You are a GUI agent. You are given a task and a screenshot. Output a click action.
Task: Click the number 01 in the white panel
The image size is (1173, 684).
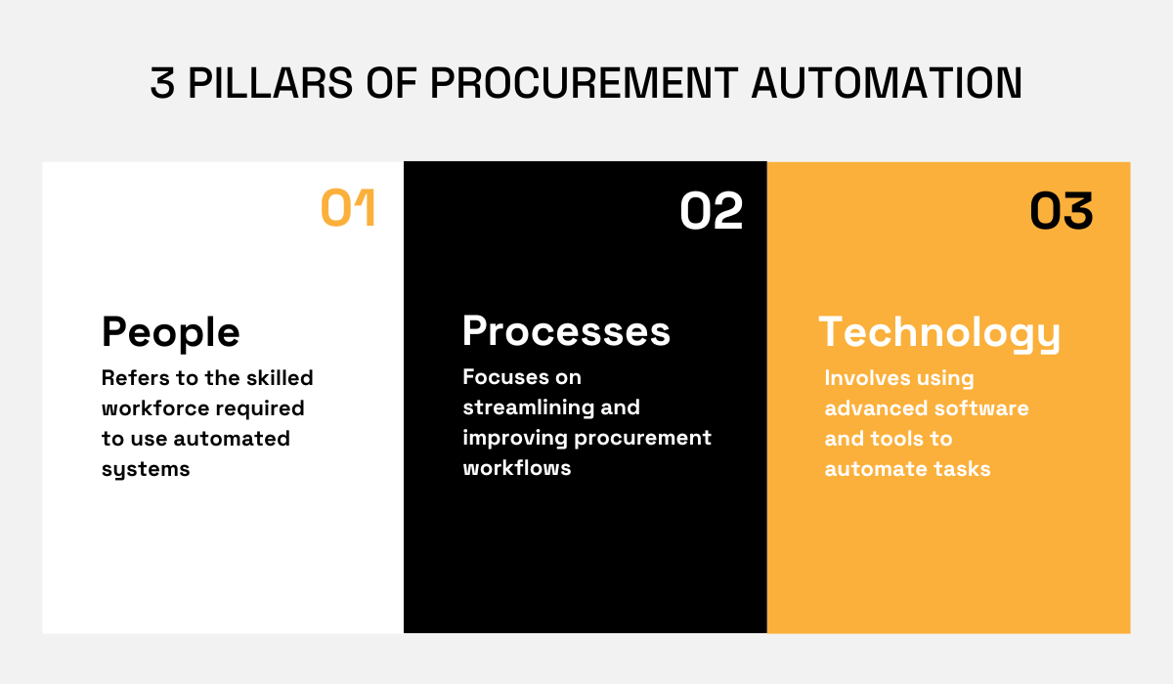(x=348, y=210)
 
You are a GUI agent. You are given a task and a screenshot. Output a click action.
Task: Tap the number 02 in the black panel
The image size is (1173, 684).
(x=712, y=212)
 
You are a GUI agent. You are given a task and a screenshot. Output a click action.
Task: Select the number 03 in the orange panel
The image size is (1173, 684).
(x=1062, y=212)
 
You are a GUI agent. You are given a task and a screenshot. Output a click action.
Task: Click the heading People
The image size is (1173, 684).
(x=171, y=333)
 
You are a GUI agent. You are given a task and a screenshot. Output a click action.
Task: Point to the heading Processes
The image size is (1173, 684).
(x=566, y=331)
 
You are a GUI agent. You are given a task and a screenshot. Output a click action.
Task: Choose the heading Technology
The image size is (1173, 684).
(x=939, y=333)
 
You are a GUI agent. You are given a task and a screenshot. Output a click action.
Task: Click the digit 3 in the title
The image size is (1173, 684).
(x=162, y=84)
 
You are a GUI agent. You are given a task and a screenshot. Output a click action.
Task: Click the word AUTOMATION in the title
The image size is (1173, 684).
(x=887, y=84)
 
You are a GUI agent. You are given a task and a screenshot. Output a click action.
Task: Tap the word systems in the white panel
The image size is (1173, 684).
(x=146, y=469)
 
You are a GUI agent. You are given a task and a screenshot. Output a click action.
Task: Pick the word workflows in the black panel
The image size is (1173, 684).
(x=517, y=468)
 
